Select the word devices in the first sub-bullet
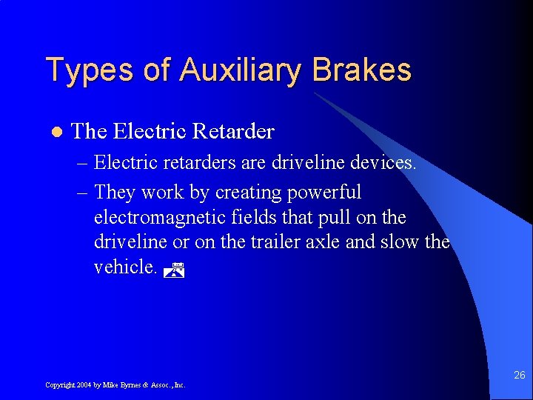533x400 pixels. tap(381, 162)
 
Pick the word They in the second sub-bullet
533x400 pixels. tap(115, 193)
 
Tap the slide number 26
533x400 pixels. tap(519, 376)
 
